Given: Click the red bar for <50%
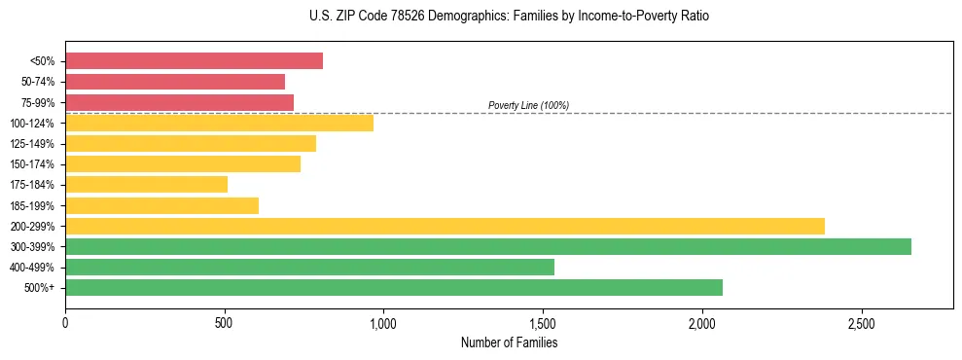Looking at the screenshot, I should (x=194, y=61).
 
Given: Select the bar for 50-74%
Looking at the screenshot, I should (x=175, y=82).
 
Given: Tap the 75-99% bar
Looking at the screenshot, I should (x=179, y=102).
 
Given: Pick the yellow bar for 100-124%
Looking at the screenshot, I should (x=219, y=123).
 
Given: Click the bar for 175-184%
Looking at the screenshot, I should (x=146, y=185).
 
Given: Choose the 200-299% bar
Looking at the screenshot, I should (x=445, y=226).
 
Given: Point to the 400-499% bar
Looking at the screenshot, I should (x=309, y=267).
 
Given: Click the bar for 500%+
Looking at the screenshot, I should (x=394, y=287).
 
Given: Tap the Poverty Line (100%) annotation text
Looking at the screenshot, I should (x=528, y=105).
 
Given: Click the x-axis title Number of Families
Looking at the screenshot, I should (x=509, y=342).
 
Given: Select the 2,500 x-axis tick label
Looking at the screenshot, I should (x=861, y=322).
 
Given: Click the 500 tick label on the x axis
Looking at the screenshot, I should (x=225, y=322).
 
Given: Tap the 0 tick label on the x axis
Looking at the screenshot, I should (x=65, y=322).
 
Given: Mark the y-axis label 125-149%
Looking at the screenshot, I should (x=32, y=144).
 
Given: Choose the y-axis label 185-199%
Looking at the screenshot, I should (x=32, y=206).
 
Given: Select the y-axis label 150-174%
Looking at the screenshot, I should (x=32, y=164).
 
